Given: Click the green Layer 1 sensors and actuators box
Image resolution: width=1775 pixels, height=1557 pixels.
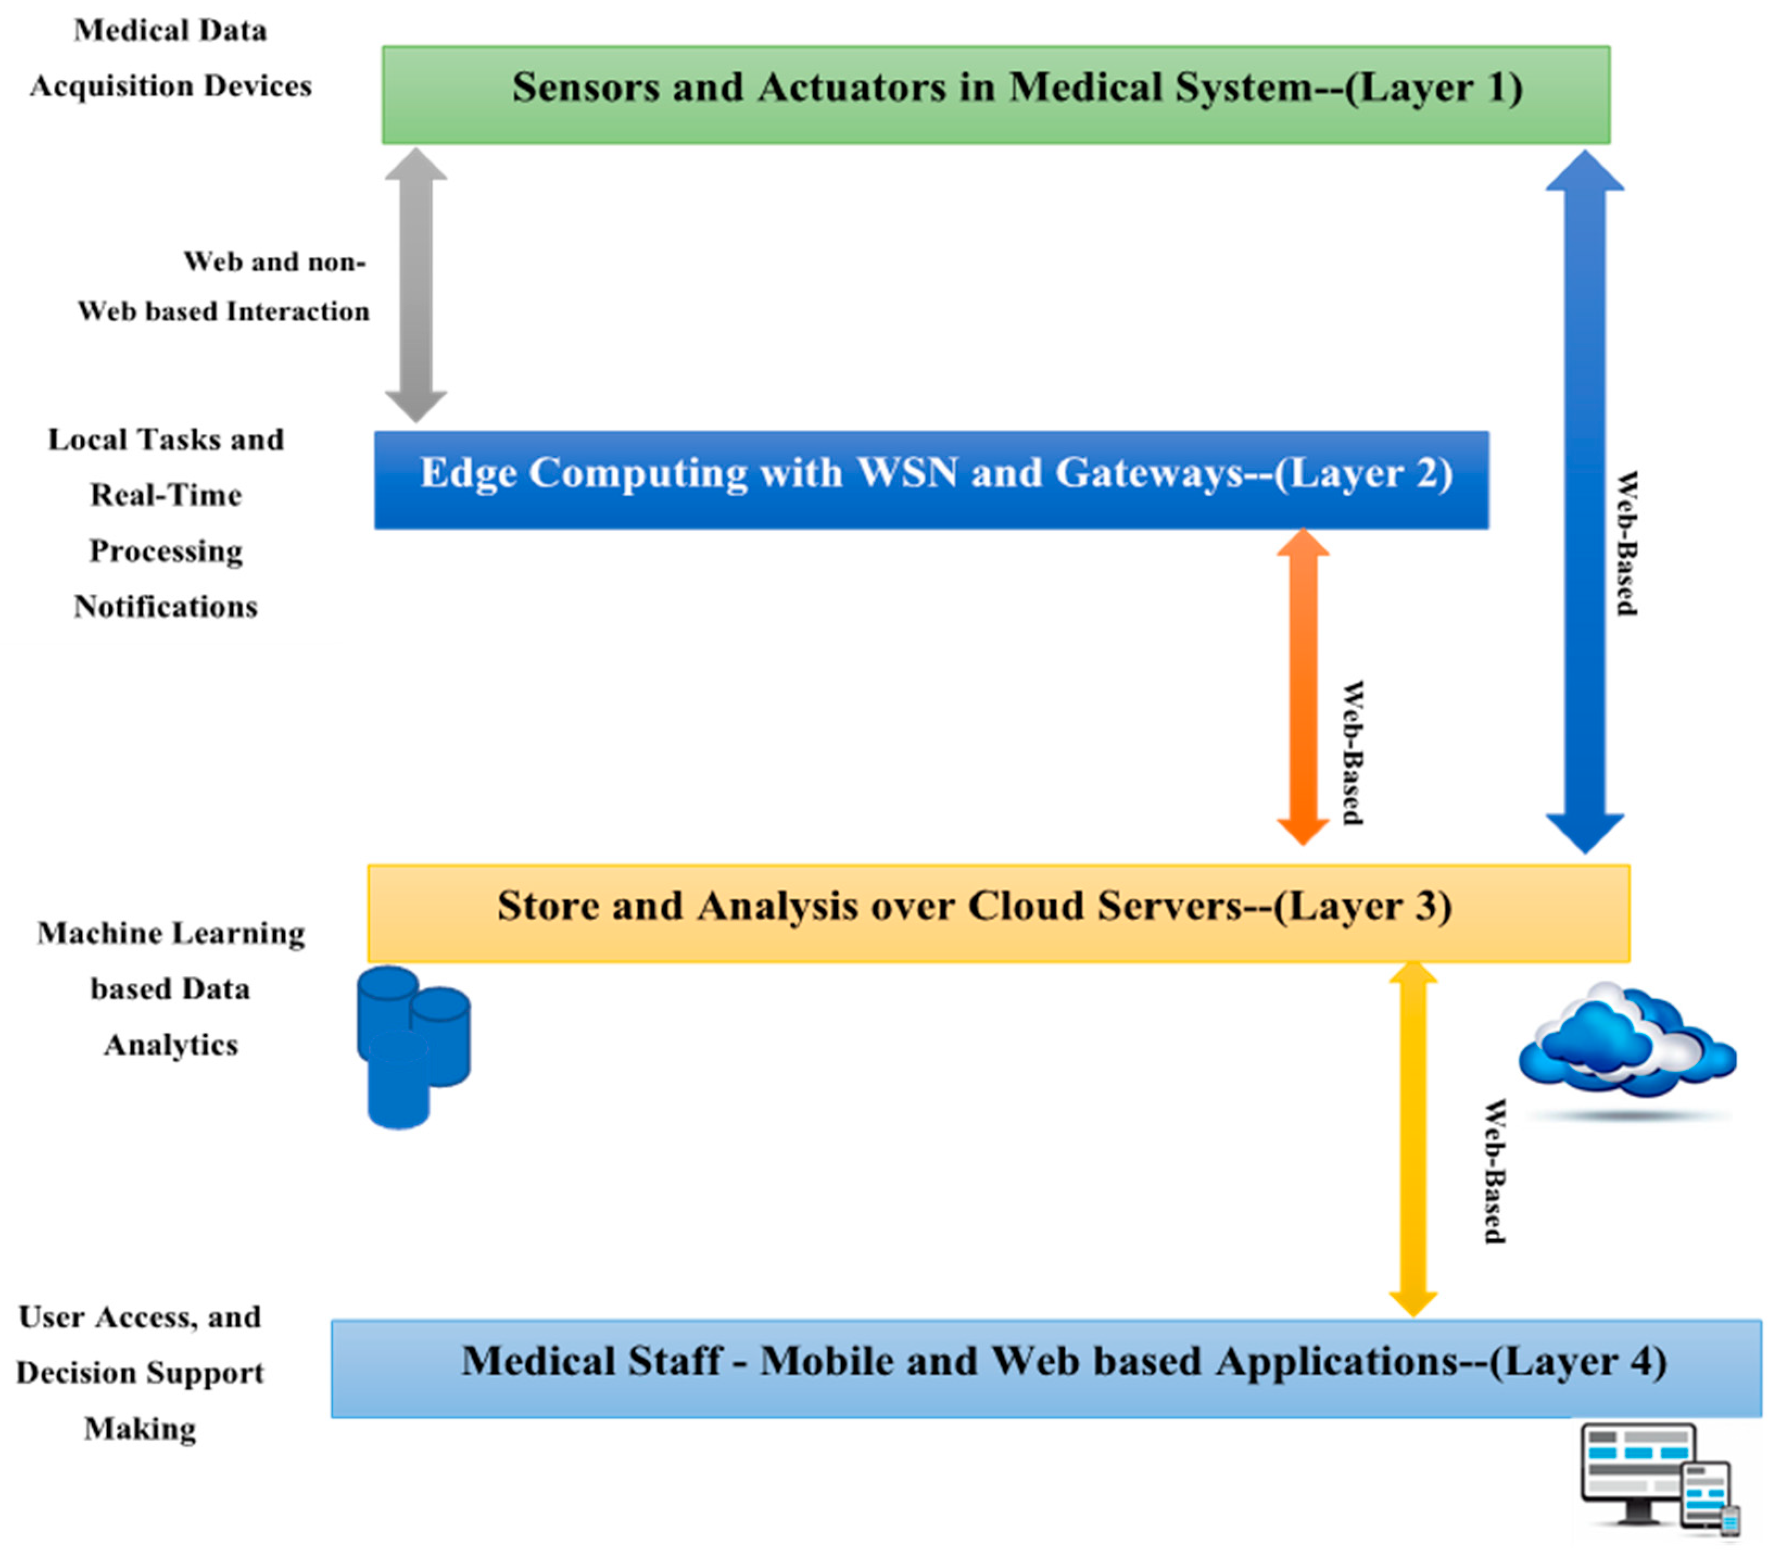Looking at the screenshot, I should tap(995, 95).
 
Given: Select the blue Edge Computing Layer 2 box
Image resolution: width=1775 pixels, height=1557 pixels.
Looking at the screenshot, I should tap(931, 480).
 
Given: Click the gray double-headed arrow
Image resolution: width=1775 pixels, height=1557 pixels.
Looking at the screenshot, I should tap(416, 285).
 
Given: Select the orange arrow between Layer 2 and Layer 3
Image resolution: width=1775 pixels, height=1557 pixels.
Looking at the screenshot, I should tap(1303, 686).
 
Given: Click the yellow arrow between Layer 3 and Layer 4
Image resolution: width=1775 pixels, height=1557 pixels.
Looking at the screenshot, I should tap(1413, 1138).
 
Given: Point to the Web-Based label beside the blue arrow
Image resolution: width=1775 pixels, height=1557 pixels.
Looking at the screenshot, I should tap(1626, 544).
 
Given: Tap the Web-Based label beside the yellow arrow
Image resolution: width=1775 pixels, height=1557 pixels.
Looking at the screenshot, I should tap(1494, 1171).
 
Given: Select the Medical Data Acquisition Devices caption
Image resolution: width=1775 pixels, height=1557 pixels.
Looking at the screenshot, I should tap(170, 58).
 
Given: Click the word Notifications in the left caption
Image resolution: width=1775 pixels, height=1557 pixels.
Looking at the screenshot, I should tap(165, 606).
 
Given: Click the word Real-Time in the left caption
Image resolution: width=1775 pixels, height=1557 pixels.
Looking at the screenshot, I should tap(165, 495).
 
